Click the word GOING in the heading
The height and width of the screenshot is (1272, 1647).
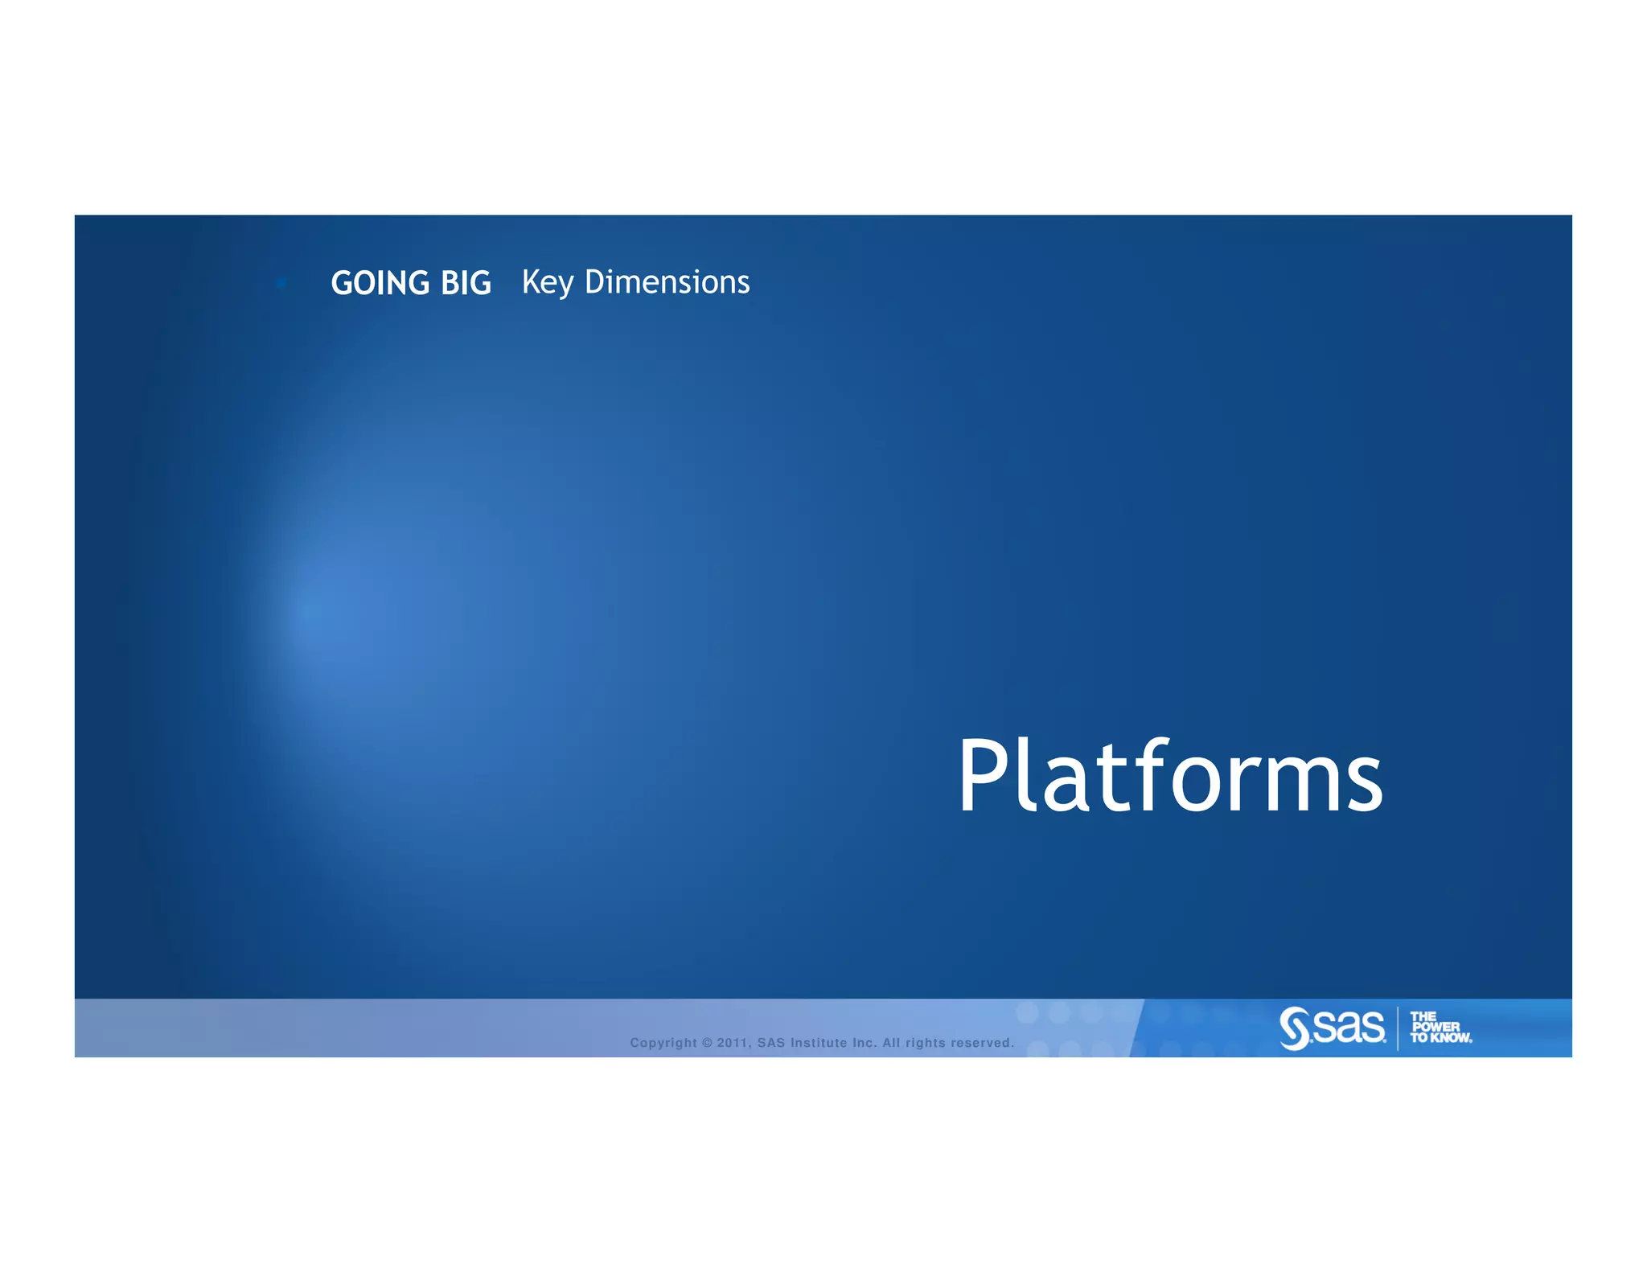coord(380,283)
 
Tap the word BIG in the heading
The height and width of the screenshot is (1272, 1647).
coord(466,283)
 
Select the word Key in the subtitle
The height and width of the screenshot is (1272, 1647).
coord(547,283)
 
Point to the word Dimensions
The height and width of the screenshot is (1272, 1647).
coord(667,282)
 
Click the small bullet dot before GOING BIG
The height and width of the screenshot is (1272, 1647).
coord(281,282)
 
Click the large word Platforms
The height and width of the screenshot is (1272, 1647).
coord(1169,777)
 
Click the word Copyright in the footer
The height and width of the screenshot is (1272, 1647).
coord(663,1043)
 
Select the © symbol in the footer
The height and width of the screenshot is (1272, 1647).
coord(707,1043)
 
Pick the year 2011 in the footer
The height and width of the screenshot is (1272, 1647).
coord(733,1043)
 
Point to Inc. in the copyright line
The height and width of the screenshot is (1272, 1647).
coord(864,1043)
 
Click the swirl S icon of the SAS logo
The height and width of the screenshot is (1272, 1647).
coord(1295,1028)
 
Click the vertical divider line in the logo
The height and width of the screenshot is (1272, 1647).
coord(1398,1028)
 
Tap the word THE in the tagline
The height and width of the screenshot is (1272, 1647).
coord(1423,1016)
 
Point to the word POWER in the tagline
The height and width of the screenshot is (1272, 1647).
coord(1435,1027)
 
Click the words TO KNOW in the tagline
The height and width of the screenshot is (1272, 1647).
coord(1440,1038)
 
